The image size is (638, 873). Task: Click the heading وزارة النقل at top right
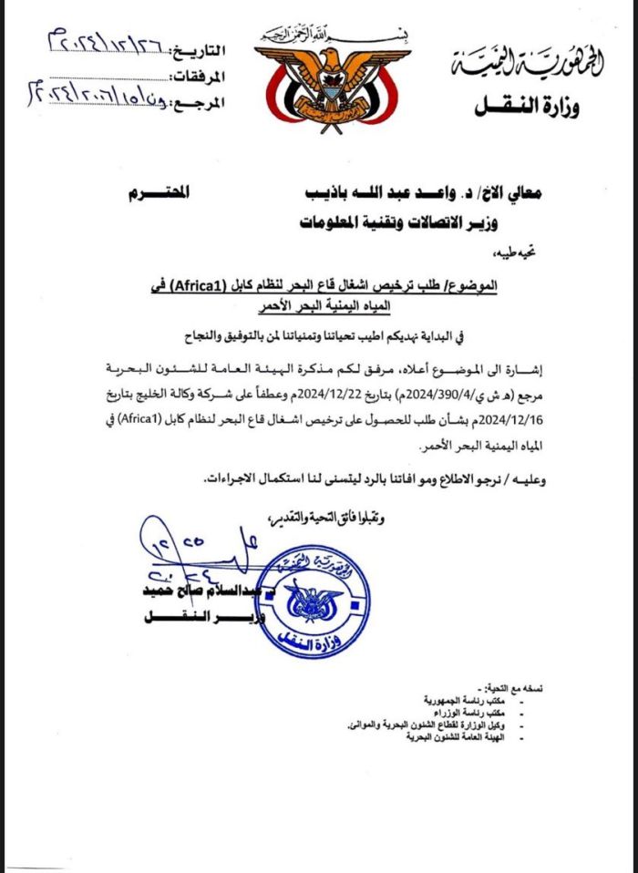click(526, 108)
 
